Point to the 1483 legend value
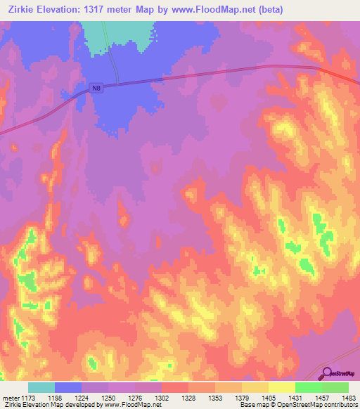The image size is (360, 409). point(340,398)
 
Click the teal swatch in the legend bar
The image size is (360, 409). point(41,387)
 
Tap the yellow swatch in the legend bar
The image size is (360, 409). point(281,387)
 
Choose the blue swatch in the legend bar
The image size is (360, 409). point(67,387)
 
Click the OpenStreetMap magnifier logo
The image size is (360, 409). point(326,372)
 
